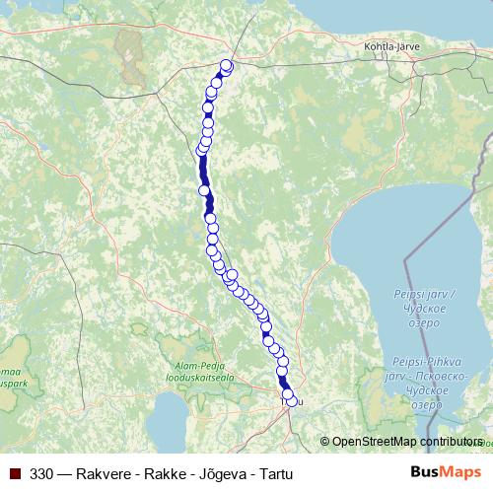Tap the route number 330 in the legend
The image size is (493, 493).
[42, 474]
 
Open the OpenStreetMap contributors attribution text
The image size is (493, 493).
[407, 442]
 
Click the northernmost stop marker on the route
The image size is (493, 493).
[226, 66]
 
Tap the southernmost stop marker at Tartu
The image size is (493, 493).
[291, 400]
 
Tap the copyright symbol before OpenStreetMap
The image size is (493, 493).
[325, 442]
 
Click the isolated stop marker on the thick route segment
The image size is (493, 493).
[204, 190]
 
